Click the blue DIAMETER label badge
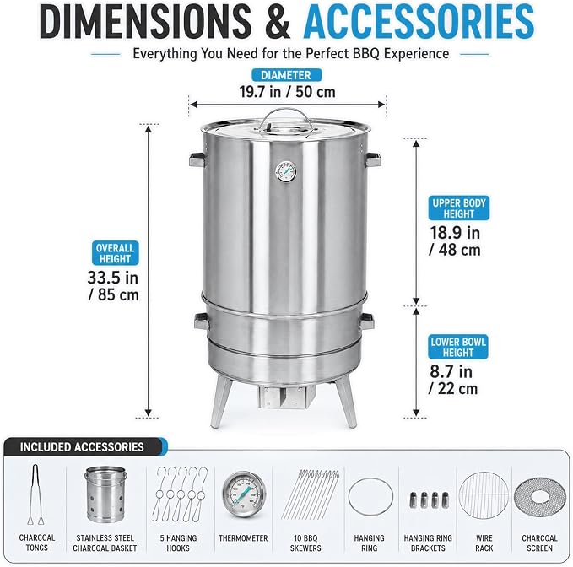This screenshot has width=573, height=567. tap(287, 75)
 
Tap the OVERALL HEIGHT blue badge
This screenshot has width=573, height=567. tap(115, 253)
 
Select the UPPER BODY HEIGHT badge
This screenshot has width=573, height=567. tap(458, 208)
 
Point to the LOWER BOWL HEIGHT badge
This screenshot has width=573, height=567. tap(458, 347)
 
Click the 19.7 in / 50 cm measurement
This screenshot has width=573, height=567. tap(287, 92)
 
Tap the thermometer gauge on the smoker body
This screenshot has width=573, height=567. tap(286, 172)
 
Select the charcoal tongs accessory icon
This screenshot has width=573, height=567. tap(35, 494)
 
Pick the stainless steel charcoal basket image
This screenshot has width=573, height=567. tap(106, 494)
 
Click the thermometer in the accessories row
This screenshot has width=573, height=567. tap(243, 494)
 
